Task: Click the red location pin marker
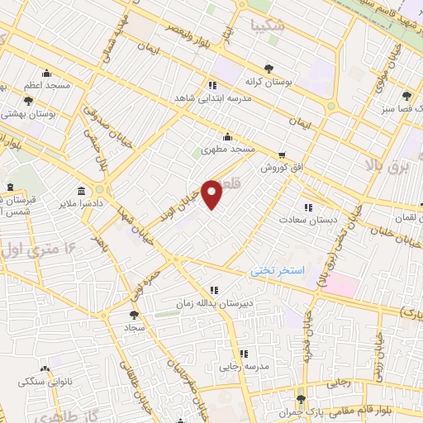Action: (x=212, y=193)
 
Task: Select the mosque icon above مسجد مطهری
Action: (x=228, y=137)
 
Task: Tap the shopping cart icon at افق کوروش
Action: (x=282, y=154)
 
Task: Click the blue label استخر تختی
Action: (x=278, y=271)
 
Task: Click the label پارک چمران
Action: (x=299, y=411)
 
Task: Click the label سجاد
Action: (x=135, y=327)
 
